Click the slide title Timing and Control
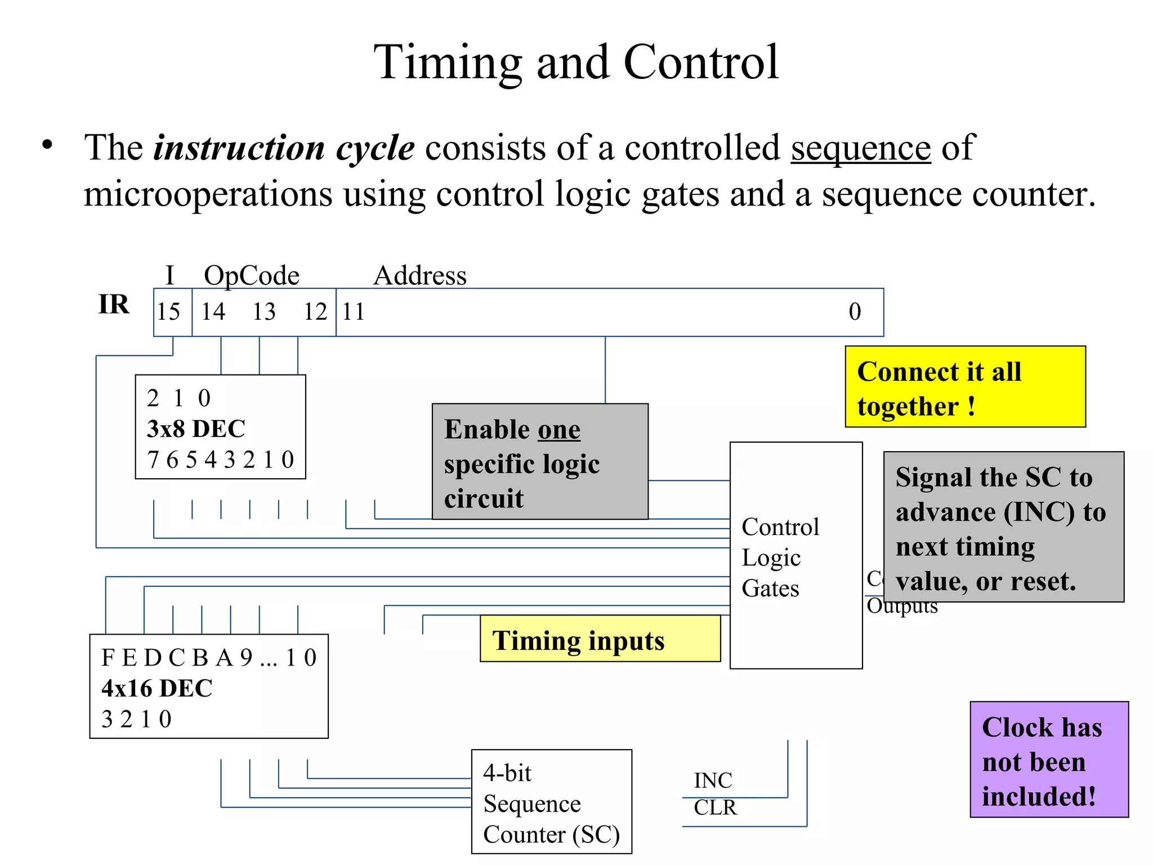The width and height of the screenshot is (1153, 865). pyautogui.click(x=576, y=63)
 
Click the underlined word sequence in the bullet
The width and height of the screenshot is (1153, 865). pyautogui.click(x=860, y=149)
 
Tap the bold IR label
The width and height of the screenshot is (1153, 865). pyautogui.click(x=114, y=305)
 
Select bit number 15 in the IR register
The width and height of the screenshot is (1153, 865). pyautogui.click(x=168, y=312)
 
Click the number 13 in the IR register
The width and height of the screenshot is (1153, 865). pyautogui.click(x=263, y=312)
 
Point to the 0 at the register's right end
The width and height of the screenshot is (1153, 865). pyautogui.click(x=855, y=312)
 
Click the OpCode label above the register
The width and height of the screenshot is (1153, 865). pyautogui.click(x=252, y=276)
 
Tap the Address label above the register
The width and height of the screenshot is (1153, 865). pyautogui.click(x=420, y=276)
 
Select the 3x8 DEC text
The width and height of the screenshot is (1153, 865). pyautogui.click(x=196, y=429)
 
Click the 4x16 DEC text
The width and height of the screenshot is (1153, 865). pyautogui.click(x=157, y=689)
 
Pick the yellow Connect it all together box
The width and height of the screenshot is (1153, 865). pyautogui.click(x=964, y=387)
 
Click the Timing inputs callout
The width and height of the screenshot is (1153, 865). pyautogui.click(x=600, y=640)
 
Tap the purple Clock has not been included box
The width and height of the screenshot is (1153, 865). pyautogui.click(x=1049, y=760)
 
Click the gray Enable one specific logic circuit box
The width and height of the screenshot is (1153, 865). pyautogui.click(x=539, y=462)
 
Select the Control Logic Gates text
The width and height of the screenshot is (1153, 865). pyautogui.click(x=779, y=558)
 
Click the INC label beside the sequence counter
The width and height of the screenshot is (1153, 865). pyautogui.click(x=713, y=781)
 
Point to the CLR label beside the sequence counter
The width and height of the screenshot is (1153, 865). pyautogui.click(x=715, y=808)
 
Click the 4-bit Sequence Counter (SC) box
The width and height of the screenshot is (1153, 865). pyautogui.click(x=551, y=802)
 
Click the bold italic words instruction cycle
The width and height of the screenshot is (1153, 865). pyautogui.click(x=284, y=149)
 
